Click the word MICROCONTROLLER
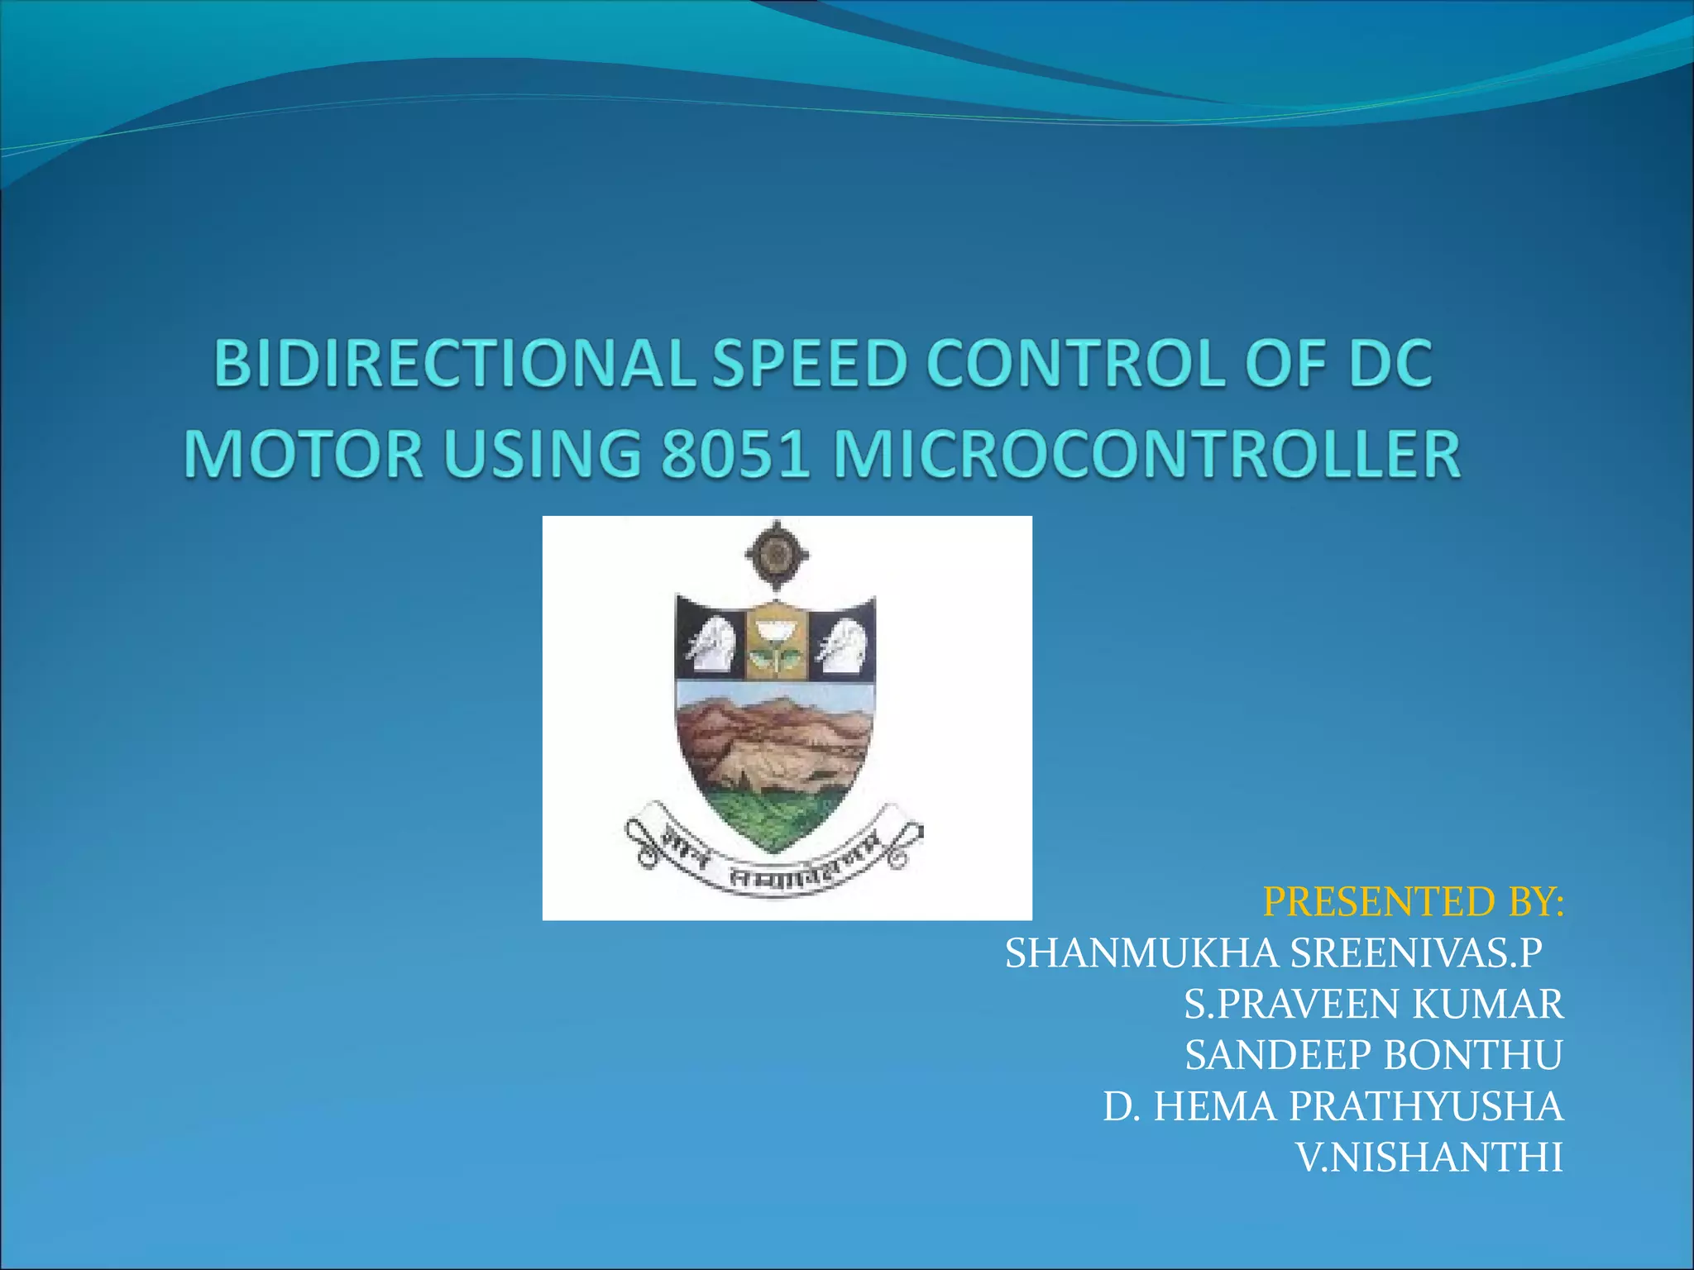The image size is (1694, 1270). (x=1146, y=455)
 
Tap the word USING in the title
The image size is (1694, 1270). (x=543, y=455)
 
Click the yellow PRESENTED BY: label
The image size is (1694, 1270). (x=1414, y=902)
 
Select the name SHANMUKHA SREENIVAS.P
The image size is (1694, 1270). (x=1273, y=953)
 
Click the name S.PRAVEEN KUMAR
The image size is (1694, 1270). (x=1373, y=1005)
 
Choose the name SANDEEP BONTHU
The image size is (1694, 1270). (x=1373, y=1056)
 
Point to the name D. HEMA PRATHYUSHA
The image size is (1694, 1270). (x=1333, y=1107)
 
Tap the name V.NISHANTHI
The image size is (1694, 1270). (x=1428, y=1158)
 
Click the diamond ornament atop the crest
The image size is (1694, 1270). (x=776, y=555)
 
